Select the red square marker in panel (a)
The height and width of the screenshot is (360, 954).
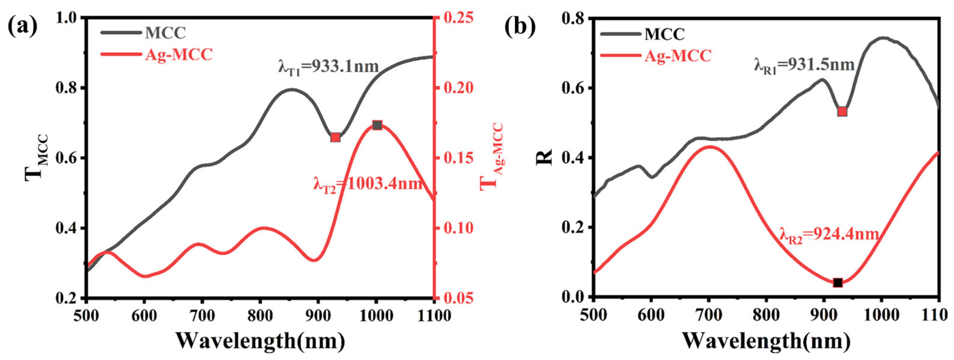335,137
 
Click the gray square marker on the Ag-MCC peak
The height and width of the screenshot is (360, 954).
377,125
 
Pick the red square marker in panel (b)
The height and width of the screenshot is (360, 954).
842,112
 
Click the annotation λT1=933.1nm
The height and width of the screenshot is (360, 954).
328,67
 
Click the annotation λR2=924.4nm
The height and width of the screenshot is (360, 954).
829,234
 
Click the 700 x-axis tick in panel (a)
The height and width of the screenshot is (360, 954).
202,316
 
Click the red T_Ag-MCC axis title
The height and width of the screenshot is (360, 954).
491,158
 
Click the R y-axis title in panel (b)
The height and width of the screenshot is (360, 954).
544,158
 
